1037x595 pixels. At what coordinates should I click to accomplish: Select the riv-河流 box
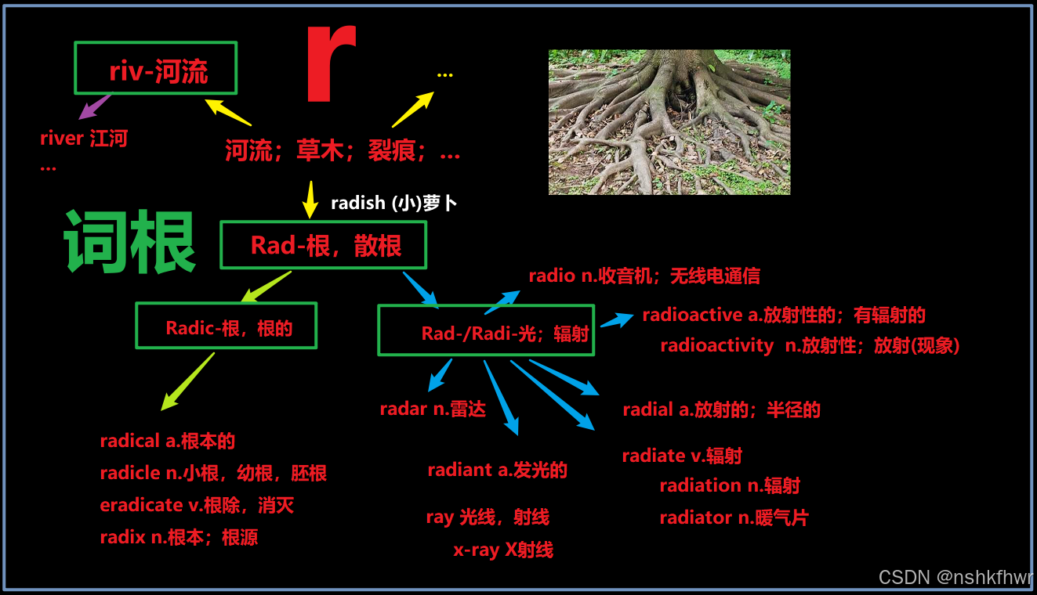pyautogui.click(x=155, y=68)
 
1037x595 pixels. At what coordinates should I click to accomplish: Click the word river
pyautogui.click(x=62, y=139)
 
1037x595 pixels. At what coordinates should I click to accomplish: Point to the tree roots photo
pyautogui.click(x=669, y=122)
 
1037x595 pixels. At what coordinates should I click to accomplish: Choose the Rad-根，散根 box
pyautogui.click(x=323, y=245)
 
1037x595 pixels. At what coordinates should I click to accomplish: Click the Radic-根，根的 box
pyautogui.click(x=226, y=326)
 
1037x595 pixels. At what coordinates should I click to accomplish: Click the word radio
pyautogui.click(x=552, y=276)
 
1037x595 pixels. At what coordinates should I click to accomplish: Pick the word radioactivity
pyautogui.click(x=716, y=346)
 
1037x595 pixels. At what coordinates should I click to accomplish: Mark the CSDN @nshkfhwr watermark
pyautogui.click(x=955, y=578)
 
